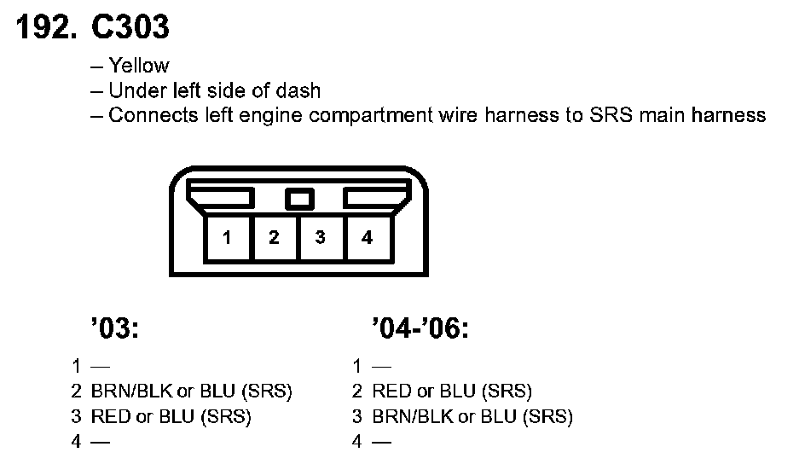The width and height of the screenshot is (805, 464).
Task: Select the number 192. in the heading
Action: coord(43,27)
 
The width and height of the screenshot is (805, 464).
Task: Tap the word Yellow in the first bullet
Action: coord(139,66)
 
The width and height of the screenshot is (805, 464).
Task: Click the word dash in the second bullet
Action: coord(303,90)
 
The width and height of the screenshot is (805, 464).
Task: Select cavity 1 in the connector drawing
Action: coord(228,238)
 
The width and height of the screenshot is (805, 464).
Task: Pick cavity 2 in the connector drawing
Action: coord(274,238)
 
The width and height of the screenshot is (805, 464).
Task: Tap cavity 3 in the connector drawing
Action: coord(320,238)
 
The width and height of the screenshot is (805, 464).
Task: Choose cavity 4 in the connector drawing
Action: coord(367,238)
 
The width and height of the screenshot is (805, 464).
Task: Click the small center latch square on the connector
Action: coord(298,199)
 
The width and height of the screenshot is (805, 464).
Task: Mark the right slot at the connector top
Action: coord(373,198)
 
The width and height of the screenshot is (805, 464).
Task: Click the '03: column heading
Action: coord(113,328)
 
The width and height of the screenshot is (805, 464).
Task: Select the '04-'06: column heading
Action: coord(420,328)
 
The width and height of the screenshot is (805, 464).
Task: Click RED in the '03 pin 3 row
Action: coord(110,417)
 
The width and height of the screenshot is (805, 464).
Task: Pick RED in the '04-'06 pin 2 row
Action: coord(392,392)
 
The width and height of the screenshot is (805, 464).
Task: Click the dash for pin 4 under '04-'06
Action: coord(381,442)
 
